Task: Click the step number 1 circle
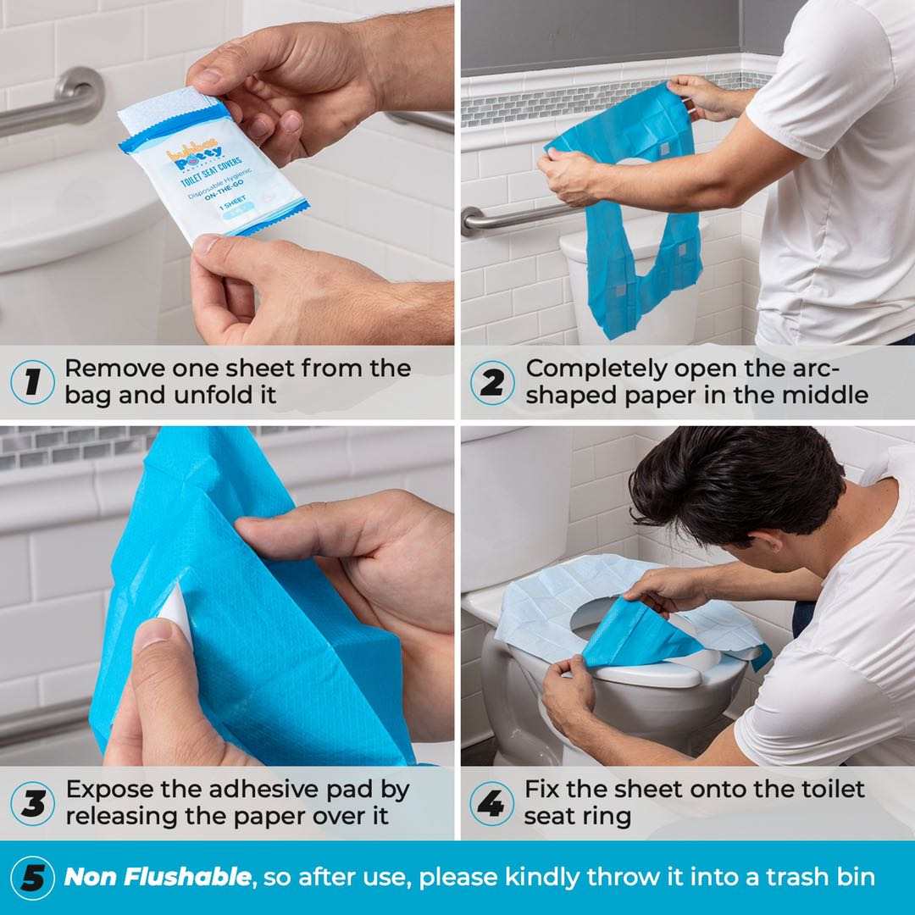click(32, 382)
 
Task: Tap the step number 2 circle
click(492, 382)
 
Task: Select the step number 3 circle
click(32, 803)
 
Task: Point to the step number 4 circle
click(491, 803)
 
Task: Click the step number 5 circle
click(32, 878)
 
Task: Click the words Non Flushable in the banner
click(158, 877)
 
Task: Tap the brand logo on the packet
click(193, 152)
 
